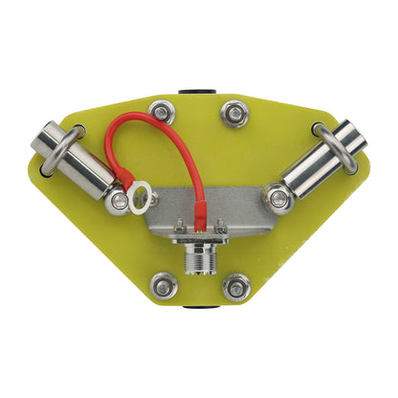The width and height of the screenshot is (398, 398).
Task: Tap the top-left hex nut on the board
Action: pos(163,114)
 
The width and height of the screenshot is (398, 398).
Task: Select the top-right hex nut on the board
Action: pos(234,114)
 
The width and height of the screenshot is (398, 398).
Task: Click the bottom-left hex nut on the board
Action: pos(163,285)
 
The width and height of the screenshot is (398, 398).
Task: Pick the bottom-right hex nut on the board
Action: pos(235,285)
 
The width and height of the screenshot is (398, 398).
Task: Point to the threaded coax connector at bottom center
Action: pos(199,261)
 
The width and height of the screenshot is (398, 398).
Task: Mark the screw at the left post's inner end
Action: pos(118,200)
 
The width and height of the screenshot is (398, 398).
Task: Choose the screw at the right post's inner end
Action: pos(278,198)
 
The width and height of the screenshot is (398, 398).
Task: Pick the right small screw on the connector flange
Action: pos(220,229)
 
